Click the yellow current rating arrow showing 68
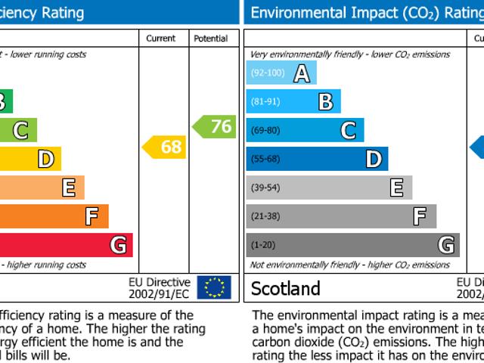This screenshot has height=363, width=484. [x=165, y=147]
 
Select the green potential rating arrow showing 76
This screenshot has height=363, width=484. [x=215, y=126]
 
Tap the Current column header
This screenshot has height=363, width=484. [x=161, y=39]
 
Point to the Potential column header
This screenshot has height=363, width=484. [x=210, y=39]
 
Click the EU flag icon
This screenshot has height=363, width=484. [x=214, y=287]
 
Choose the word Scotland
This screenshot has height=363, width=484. [x=285, y=288]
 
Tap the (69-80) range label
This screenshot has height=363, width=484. [x=265, y=131]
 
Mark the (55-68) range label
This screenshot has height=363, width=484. [x=265, y=159]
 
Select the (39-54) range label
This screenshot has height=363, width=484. [x=265, y=188]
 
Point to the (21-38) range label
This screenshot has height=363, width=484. [x=265, y=216]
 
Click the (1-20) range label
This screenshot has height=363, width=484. [x=262, y=245]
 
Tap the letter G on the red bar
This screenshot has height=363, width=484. [x=118, y=245]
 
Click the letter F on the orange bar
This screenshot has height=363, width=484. [x=92, y=216]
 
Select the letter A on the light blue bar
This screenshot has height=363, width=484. [x=302, y=73]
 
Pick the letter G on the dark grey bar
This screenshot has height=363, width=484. [x=447, y=245]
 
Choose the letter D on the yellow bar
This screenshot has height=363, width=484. [x=46, y=159]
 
